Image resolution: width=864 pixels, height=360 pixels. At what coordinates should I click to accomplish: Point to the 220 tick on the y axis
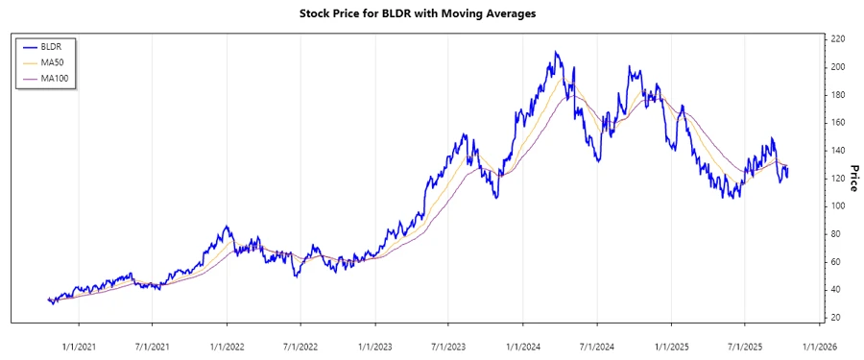(x=838, y=38)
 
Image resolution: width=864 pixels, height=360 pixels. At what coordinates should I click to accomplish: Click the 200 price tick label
(x=838, y=66)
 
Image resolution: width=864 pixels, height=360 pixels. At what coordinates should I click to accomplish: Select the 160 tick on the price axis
(x=838, y=122)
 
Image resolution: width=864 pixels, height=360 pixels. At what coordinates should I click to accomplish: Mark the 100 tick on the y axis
(x=838, y=205)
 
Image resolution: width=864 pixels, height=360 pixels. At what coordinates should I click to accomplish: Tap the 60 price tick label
(x=836, y=261)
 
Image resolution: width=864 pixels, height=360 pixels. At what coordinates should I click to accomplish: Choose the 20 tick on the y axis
(x=836, y=317)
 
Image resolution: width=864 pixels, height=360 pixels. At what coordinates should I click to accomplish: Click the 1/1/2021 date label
(x=79, y=347)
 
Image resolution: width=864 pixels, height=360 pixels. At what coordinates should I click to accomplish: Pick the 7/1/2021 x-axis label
(x=153, y=347)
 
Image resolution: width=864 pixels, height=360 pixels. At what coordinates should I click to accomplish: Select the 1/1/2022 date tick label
(x=227, y=347)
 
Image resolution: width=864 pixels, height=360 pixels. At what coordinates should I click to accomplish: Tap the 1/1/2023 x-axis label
(x=374, y=347)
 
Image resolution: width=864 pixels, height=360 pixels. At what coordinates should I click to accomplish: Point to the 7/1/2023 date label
(x=448, y=347)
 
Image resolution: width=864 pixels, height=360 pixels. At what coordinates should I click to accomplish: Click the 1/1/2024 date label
(x=522, y=347)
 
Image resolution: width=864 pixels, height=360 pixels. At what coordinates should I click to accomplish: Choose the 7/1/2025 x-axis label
(x=745, y=347)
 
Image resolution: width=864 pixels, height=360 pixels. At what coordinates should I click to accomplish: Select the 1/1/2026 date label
(x=819, y=347)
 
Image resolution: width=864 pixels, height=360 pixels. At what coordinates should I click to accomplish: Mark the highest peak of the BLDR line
(x=555, y=52)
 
